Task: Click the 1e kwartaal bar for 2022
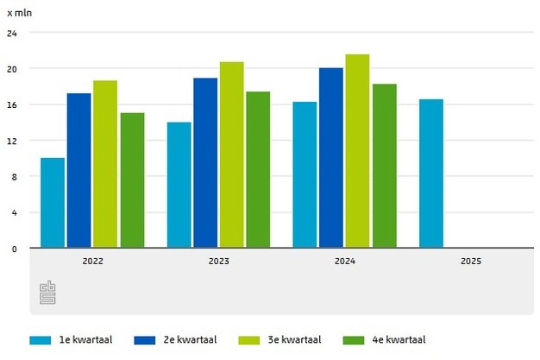click(53, 203)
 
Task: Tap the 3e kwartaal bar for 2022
click(105, 164)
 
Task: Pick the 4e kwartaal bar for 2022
click(132, 180)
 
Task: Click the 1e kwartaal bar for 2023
click(179, 186)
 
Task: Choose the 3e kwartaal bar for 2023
click(231, 155)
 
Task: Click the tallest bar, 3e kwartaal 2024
click(357, 151)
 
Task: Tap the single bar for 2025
click(431, 174)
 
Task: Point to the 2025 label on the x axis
click(471, 260)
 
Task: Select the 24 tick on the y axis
click(11, 33)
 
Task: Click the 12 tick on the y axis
click(11, 141)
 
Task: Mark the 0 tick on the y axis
click(13, 249)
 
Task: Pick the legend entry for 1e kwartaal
click(83, 340)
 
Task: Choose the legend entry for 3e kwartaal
click(290, 340)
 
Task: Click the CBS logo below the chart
click(48, 293)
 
